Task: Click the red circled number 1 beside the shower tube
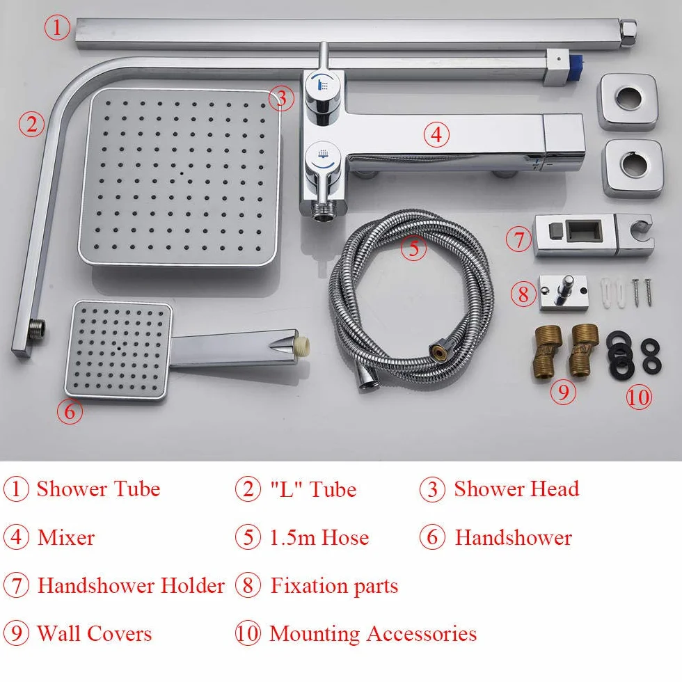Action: click(x=57, y=27)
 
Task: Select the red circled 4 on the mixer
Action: click(x=436, y=134)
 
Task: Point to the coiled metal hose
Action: click(x=411, y=300)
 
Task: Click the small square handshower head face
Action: click(x=118, y=349)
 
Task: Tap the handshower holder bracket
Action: click(x=593, y=235)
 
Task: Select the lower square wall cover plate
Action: click(x=633, y=168)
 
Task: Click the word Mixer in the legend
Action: click(x=66, y=537)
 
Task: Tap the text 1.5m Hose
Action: click(x=319, y=537)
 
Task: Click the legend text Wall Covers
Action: click(x=95, y=633)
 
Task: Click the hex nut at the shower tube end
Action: click(x=628, y=33)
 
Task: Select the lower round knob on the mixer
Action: click(x=322, y=167)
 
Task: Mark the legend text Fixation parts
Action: click(x=335, y=586)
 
